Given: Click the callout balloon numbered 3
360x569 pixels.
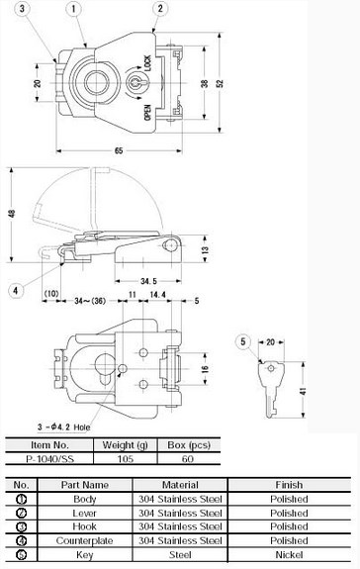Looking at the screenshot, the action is coord(22,8).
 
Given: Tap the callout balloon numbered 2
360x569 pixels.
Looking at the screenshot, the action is coord(160,8).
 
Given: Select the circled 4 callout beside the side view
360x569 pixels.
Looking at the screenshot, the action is coord(16,290).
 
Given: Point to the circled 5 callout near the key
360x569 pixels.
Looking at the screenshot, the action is coord(243,341).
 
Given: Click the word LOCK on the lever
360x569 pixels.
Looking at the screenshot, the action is coord(147,63).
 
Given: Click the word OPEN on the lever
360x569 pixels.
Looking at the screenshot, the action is coord(147,113).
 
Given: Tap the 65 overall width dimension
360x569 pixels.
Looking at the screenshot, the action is coord(119,150).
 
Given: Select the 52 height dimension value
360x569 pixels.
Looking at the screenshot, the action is coord(221,83).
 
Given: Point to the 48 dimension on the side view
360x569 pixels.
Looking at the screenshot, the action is coord(13,214).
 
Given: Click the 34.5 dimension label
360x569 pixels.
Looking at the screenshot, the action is coord(148,281).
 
